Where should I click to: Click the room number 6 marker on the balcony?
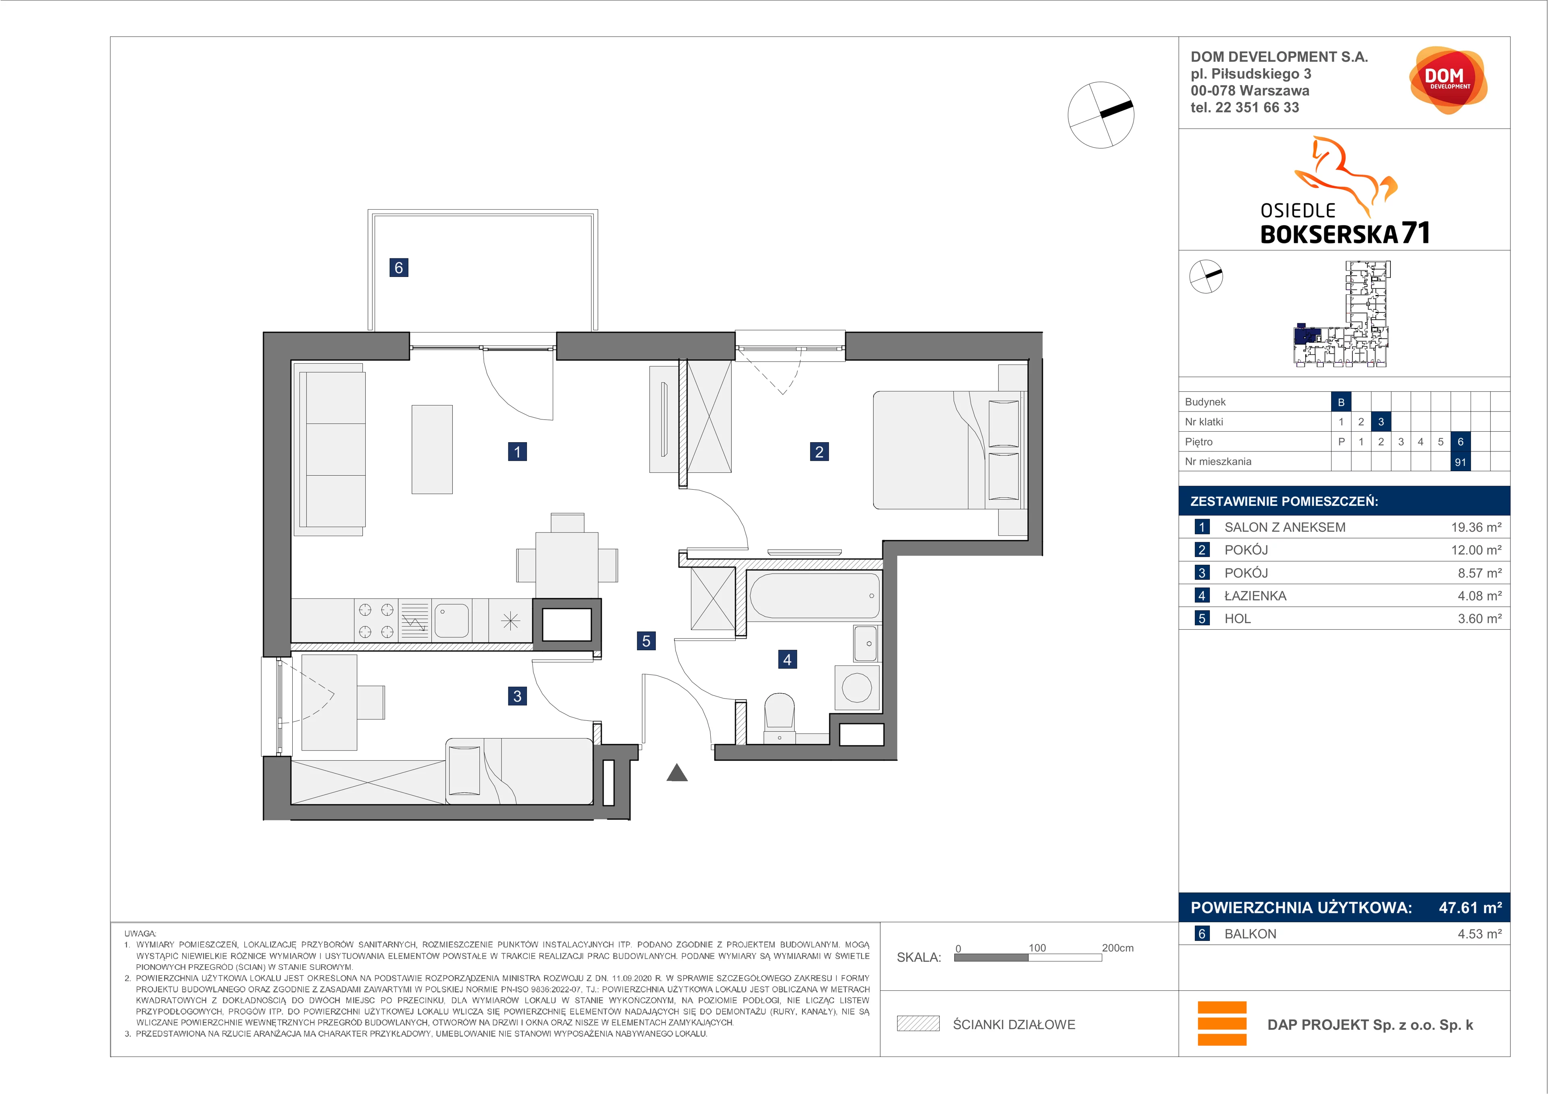coord(398,268)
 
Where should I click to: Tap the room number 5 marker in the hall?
coord(646,641)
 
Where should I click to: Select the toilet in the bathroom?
coord(779,715)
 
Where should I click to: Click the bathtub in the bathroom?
coord(814,596)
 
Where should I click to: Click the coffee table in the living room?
coord(432,449)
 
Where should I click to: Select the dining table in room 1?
coord(567,564)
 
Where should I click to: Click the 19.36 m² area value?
coord(1476,527)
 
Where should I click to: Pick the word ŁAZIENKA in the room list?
coord(1255,596)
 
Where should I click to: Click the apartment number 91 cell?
coord(1461,462)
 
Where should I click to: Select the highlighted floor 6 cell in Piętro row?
coord(1461,441)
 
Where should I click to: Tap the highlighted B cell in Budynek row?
coord(1341,402)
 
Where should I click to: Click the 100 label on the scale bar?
coord(1037,948)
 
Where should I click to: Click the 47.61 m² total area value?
coord(1470,907)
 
